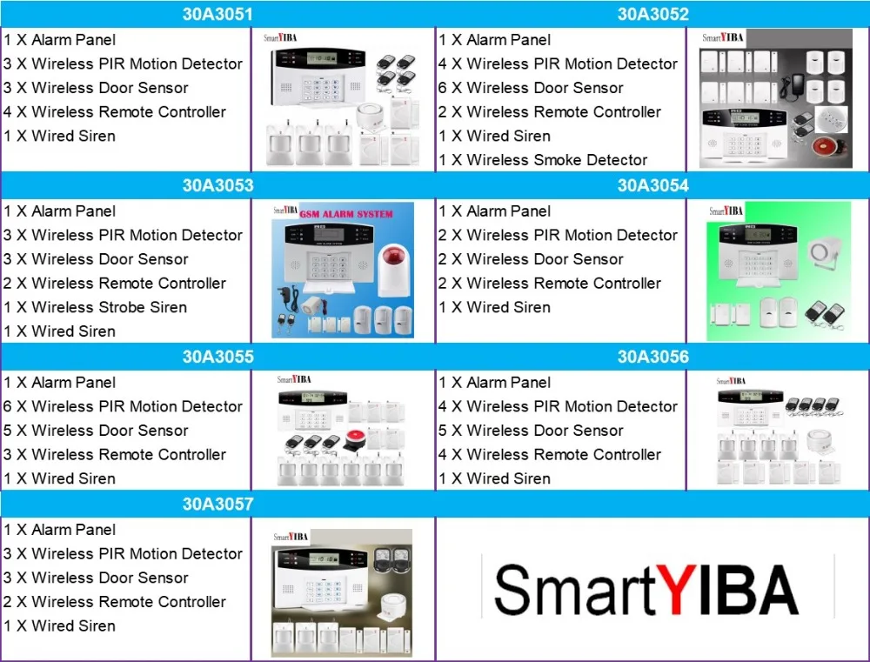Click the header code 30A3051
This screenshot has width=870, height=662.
[x=217, y=14]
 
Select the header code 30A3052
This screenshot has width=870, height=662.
[x=652, y=14]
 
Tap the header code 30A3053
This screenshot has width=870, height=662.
[x=217, y=185]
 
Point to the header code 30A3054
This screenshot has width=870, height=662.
[x=652, y=185]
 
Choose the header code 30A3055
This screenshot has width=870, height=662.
[x=217, y=357]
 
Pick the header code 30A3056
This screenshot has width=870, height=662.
[x=652, y=357]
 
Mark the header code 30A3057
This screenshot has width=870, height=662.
[x=217, y=504]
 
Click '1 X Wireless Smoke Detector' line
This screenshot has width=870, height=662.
[x=543, y=160]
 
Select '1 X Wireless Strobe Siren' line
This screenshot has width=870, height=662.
[x=95, y=307]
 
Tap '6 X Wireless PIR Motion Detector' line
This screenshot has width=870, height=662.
[x=123, y=406]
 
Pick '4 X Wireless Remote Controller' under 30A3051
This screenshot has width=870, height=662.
[x=115, y=112]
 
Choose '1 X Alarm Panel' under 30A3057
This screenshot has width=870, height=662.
[x=59, y=530]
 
